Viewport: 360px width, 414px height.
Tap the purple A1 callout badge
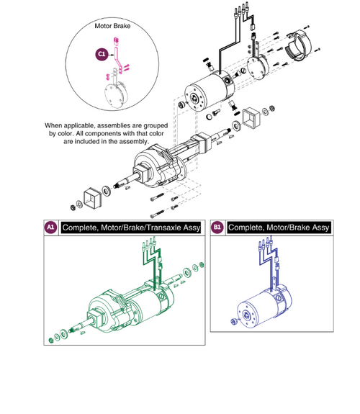50,227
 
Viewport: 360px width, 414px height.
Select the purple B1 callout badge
217,227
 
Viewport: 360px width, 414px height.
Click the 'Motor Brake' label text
114,25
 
